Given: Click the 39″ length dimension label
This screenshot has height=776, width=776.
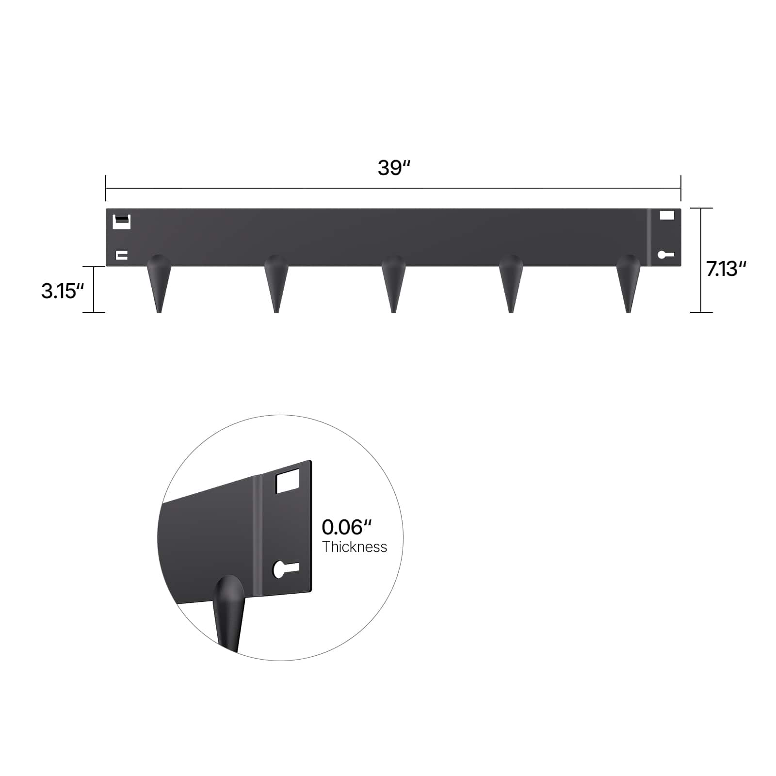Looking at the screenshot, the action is pos(394,168).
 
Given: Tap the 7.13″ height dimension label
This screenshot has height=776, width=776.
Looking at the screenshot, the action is pos(726,269).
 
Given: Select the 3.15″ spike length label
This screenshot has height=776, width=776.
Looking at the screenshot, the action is pos(63,291).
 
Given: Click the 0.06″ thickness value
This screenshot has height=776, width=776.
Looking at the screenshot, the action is pos(346,527).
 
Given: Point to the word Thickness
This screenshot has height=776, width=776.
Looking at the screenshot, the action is pos(355,547).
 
